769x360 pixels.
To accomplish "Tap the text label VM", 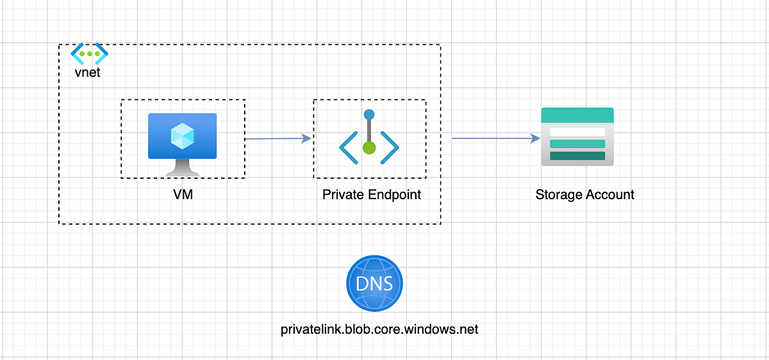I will click(x=183, y=194).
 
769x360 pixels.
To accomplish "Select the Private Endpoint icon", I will click(x=369, y=138).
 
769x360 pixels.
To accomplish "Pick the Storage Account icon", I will click(x=577, y=136).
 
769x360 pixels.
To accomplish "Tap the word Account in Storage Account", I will click(x=610, y=194).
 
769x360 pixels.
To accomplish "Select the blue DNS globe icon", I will click(x=375, y=284).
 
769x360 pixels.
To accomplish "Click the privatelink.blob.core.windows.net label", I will click(x=379, y=329).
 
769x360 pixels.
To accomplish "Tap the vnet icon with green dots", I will click(x=89, y=53).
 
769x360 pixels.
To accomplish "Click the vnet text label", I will click(x=87, y=72).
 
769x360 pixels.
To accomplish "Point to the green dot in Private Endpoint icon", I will click(x=368, y=148).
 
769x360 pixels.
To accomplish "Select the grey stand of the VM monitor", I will click(x=183, y=167).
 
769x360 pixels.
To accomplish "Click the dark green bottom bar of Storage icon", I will click(x=577, y=156).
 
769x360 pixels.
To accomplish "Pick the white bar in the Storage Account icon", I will click(x=577, y=131).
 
